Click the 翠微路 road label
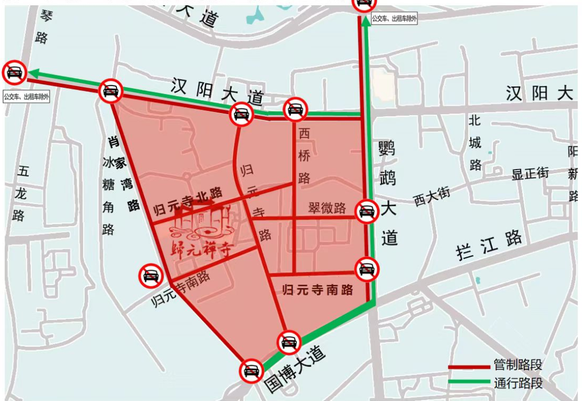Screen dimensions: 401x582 pos(327,208)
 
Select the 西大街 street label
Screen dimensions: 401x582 pos(432,196)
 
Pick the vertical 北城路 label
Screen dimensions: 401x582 pos(475,143)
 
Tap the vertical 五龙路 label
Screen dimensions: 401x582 pos(22,194)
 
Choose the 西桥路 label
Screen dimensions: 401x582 pos(304,156)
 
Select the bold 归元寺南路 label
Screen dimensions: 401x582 pos(318,290)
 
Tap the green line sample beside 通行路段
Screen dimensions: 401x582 pos(468,384)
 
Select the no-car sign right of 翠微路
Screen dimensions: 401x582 pos(367,210)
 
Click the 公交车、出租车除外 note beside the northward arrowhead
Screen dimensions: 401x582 pos(394,19)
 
